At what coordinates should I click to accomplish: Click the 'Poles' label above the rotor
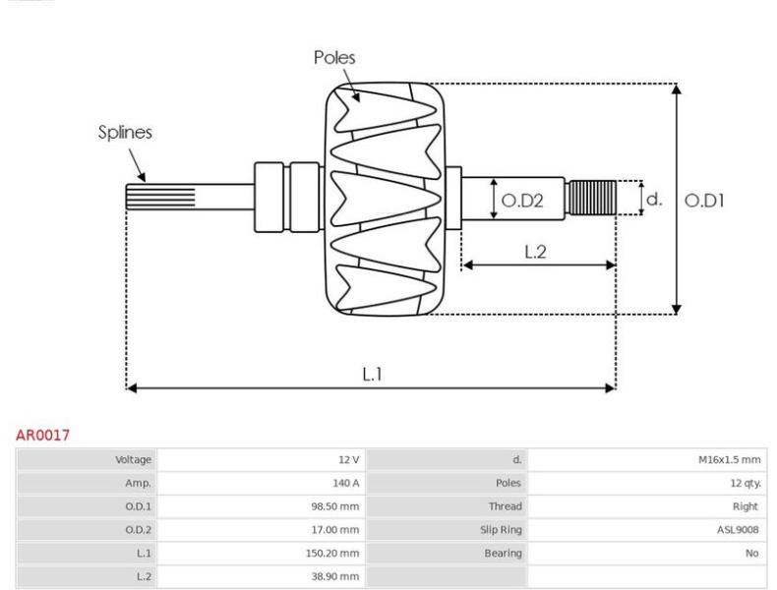[334, 58]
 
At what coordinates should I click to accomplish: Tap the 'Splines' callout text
[125, 132]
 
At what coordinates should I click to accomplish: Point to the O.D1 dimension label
[704, 200]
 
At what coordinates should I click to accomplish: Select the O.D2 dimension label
[522, 201]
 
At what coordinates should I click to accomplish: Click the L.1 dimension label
[372, 374]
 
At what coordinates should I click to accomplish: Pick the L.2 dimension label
[535, 252]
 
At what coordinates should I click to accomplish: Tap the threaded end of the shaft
[592, 199]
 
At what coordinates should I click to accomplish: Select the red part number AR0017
[42, 435]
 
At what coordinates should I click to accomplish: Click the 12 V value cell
[349, 459]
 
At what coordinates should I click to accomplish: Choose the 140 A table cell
[345, 483]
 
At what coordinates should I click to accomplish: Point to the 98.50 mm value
[335, 506]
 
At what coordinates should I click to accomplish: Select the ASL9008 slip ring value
[737, 530]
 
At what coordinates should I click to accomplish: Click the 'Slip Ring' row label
[502, 530]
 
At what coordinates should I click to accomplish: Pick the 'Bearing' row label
[504, 554]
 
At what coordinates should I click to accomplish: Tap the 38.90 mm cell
[335, 577]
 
